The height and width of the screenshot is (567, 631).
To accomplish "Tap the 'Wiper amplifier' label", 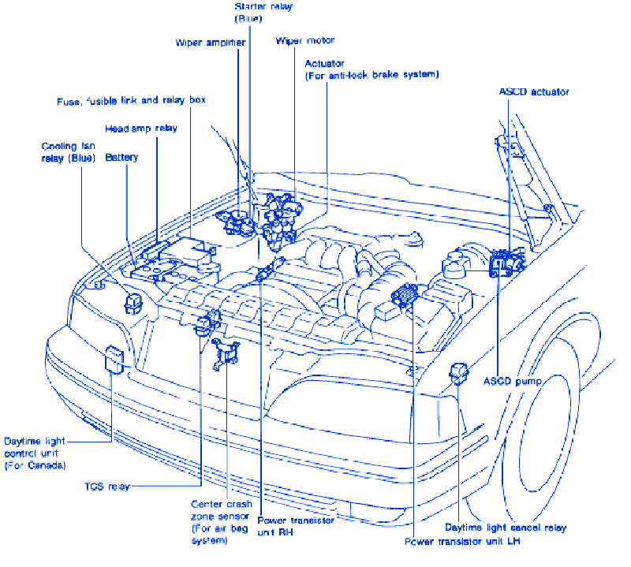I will coord(211,43).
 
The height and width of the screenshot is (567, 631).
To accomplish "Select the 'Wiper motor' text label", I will coord(305,40).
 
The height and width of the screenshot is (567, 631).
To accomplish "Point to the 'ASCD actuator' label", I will coord(533,91).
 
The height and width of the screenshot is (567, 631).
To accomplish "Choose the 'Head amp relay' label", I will coord(141,128).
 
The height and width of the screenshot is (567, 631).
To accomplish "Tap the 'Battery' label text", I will coord(121,158).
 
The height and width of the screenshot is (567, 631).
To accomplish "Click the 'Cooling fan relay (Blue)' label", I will coord(68,152).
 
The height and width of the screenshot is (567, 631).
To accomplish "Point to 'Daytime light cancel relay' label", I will coord(505,527).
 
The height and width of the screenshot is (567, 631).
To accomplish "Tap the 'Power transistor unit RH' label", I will coord(296,526).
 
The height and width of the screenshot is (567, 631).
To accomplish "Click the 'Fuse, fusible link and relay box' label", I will coord(131,102).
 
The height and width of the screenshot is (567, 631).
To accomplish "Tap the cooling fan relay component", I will coord(134,300).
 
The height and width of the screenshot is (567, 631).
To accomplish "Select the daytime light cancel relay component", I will coord(457,371).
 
